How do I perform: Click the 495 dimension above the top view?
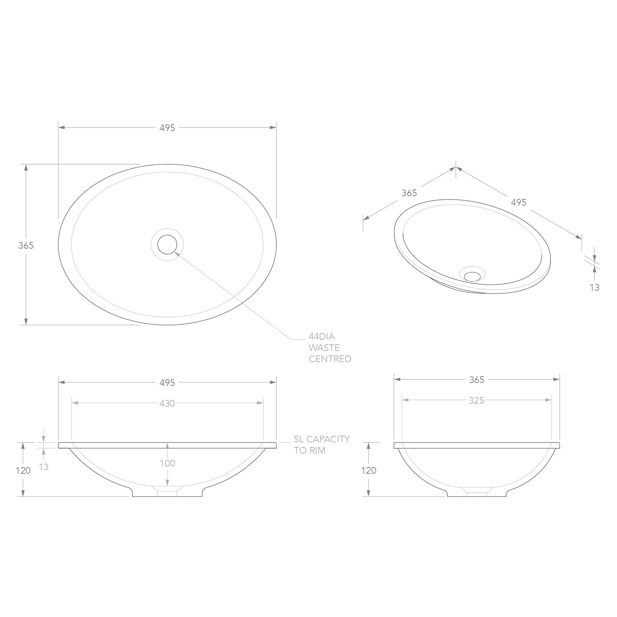[167, 128]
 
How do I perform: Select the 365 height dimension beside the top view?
[26, 246]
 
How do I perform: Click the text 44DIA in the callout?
[322, 337]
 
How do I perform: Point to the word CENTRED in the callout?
[330, 359]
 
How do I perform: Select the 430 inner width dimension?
[167, 404]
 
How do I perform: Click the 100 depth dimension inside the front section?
[167, 464]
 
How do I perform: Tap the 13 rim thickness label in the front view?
[44, 467]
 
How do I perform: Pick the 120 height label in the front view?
[23, 471]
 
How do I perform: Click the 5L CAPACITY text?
[322, 439]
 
